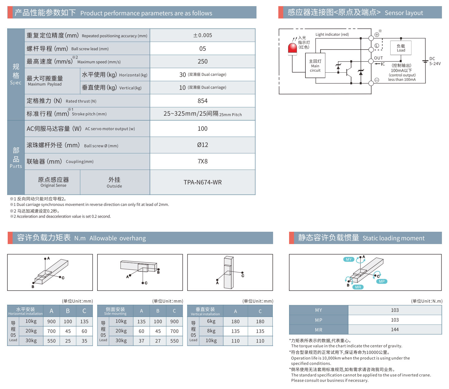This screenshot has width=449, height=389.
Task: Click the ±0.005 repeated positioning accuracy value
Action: (x=202, y=35)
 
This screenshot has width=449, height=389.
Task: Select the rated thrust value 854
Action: (x=202, y=101)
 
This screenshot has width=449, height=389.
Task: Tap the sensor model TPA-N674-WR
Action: (x=202, y=182)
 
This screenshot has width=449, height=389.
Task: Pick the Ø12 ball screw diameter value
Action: (x=202, y=145)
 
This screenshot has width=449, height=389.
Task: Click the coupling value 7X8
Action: (x=202, y=161)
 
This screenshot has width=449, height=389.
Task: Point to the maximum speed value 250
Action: (x=202, y=62)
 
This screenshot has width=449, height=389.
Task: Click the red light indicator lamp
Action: (x=292, y=49)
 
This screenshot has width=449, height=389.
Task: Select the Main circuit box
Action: (x=315, y=66)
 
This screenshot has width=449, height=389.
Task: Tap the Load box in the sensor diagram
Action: (x=401, y=48)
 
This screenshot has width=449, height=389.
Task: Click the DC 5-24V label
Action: (x=435, y=61)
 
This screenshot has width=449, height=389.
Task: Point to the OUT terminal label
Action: (x=378, y=58)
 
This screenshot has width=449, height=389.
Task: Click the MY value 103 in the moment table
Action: (x=395, y=310)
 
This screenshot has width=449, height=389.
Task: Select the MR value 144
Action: (x=395, y=330)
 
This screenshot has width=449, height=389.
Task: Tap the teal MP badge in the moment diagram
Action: (x=382, y=281)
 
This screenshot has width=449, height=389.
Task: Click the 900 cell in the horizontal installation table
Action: (x=51, y=321)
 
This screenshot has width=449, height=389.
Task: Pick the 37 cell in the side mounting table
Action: (x=141, y=341)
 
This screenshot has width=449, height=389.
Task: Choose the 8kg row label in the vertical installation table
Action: (x=211, y=331)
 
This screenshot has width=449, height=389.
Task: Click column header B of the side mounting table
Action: (x=158, y=311)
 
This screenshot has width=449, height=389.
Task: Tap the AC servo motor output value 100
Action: (x=202, y=129)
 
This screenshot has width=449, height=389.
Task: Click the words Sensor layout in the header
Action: (x=404, y=13)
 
